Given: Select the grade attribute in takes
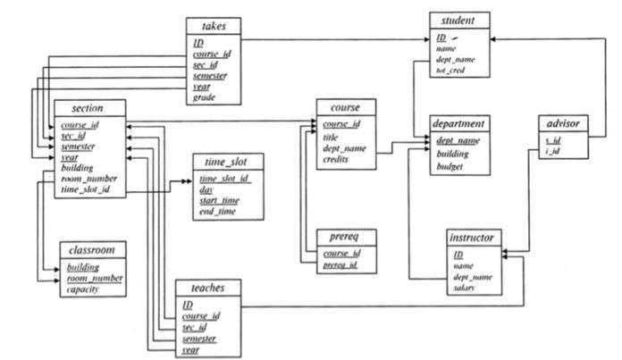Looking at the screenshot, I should click(x=206, y=98).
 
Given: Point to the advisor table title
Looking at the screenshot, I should click(x=565, y=123).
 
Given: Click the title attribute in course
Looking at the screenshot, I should click(x=331, y=138).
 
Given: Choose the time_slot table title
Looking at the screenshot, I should click(x=227, y=163).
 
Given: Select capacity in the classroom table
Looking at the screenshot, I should click(x=82, y=290).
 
